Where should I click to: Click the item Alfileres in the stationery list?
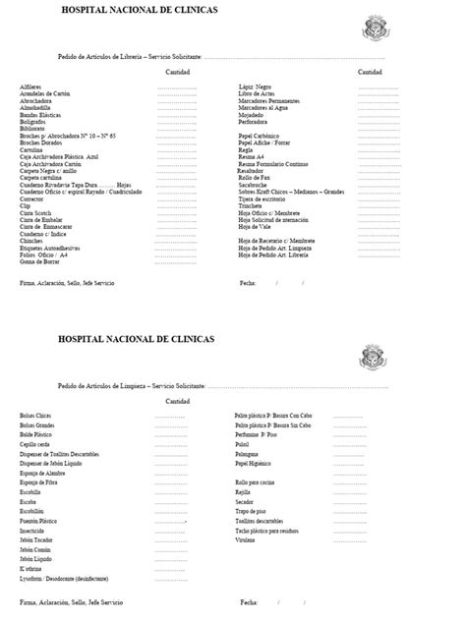(x=30, y=86)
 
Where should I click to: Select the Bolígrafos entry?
(x=32, y=121)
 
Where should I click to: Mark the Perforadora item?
(x=258, y=121)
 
